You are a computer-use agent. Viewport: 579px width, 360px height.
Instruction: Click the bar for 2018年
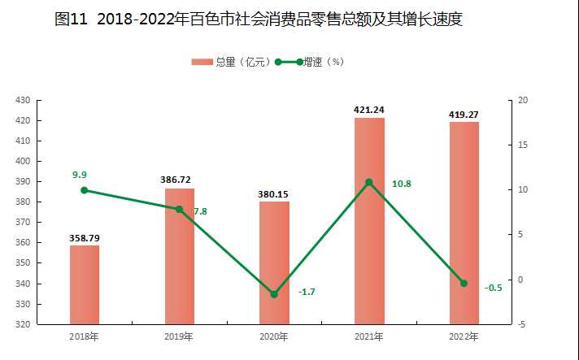[x=85, y=284]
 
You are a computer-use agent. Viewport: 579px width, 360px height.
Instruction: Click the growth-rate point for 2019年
[x=179, y=209]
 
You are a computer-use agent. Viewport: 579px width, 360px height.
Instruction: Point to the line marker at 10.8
[x=369, y=182]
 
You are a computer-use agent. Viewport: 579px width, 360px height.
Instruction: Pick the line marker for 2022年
[x=464, y=283]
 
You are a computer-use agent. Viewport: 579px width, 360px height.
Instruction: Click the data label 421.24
[x=369, y=110]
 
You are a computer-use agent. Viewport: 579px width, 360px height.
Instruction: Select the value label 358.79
[x=85, y=238]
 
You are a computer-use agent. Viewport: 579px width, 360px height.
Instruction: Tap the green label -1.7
[x=307, y=291]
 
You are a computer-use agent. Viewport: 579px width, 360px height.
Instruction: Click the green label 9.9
[x=79, y=175]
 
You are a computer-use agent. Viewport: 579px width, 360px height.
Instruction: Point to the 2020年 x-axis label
[x=274, y=336]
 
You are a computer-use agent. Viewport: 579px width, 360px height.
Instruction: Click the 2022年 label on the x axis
[x=464, y=336]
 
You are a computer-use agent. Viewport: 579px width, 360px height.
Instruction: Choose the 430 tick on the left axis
[x=23, y=100]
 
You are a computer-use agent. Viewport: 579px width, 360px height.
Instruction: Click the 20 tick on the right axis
[x=523, y=100]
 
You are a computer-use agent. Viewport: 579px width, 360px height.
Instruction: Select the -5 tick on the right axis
[x=521, y=324]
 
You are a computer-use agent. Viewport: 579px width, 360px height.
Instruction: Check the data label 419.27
[x=464, y=115]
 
